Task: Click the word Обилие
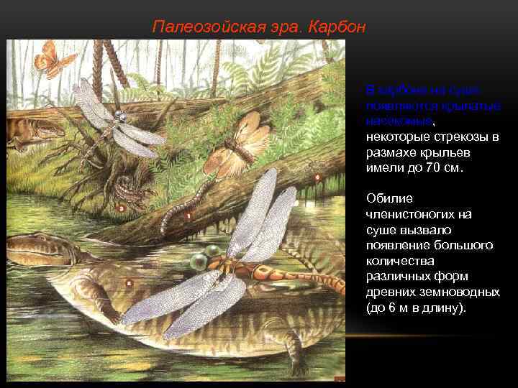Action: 388,198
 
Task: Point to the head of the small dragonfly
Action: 119,115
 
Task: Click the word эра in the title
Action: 287,27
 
